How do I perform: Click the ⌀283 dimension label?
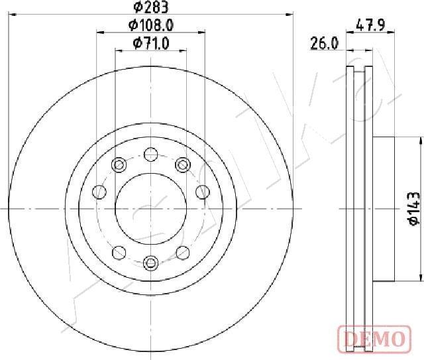151,7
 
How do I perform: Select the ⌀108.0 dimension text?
151,25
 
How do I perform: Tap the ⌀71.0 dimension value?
151,43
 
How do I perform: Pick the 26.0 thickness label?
324,43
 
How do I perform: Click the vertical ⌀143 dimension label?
413,209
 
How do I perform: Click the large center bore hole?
151,209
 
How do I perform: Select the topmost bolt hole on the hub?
151,154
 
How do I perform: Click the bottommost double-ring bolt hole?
150,263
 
